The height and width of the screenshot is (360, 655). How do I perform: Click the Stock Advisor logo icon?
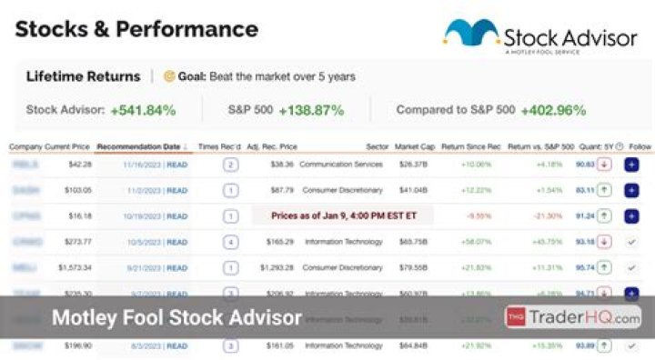point(470,35)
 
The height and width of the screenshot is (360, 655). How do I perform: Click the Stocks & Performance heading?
point(136,28)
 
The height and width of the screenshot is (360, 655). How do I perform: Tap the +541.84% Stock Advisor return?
point(143,110)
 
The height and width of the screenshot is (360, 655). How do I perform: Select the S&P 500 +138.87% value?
point(311,110)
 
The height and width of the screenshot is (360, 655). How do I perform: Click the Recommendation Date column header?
point(140,145)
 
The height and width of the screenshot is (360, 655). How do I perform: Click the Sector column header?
point(377,145)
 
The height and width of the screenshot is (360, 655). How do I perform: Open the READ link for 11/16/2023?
point(176,165)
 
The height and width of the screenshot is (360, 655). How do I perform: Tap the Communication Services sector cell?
point(341,165)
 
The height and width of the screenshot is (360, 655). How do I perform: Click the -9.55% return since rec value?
point(478,216)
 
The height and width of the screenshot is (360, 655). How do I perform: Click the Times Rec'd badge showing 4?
point(230,242)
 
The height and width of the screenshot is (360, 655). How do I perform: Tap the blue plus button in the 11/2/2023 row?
point(631,191)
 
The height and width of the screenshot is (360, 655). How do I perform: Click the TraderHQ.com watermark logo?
point(573,317)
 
